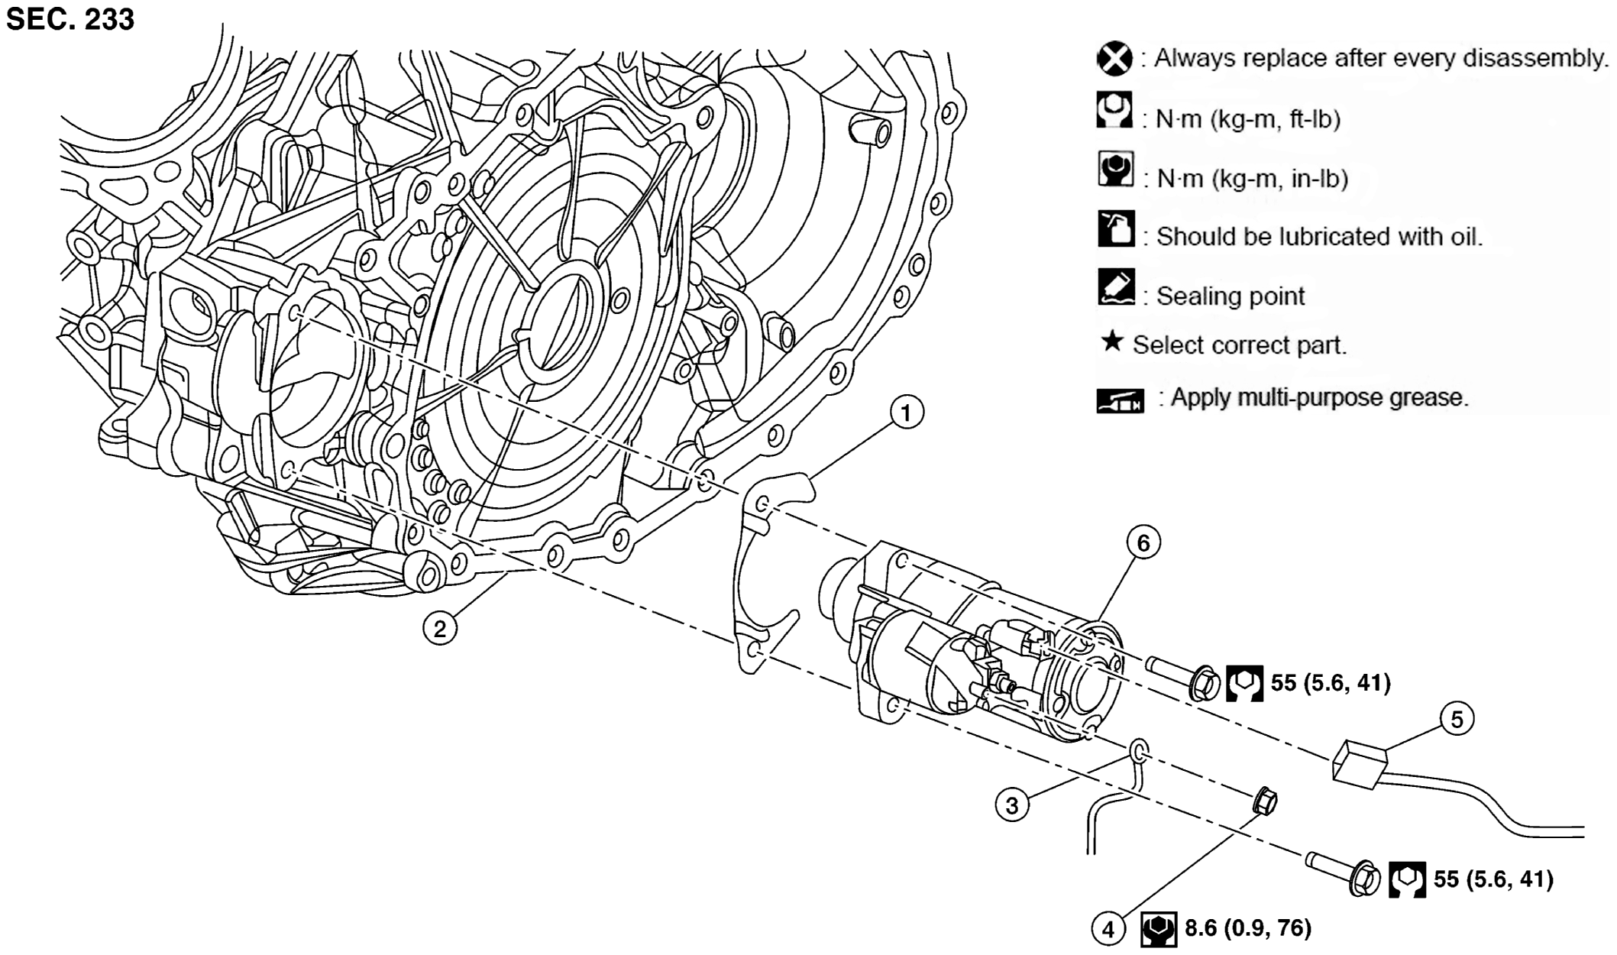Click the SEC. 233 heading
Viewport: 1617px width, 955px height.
[x=70, y=18]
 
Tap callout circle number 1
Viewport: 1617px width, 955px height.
[x=906, y=413]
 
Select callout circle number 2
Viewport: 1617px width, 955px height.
[x=440, y=629]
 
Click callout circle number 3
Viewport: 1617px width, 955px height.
[x=1012, y=804]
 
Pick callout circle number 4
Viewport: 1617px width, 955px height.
[x=1108, y=929]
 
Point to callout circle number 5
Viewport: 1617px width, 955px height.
[x=1457, y=720]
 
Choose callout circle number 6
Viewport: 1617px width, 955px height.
[x=1143, y=542]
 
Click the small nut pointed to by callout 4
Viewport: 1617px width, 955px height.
[x=1265, y=801]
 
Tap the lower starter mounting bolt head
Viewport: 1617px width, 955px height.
[x=1366, y=879]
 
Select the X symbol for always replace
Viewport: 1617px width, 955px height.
[x=1114, y=58]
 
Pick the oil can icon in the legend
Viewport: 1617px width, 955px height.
[x=1116, y=229]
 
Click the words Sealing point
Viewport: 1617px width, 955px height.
[x=1231, y=296]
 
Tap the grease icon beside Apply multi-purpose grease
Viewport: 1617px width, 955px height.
[x=1120, y=400]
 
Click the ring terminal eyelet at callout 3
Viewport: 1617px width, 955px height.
[x=1138, y=751]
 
